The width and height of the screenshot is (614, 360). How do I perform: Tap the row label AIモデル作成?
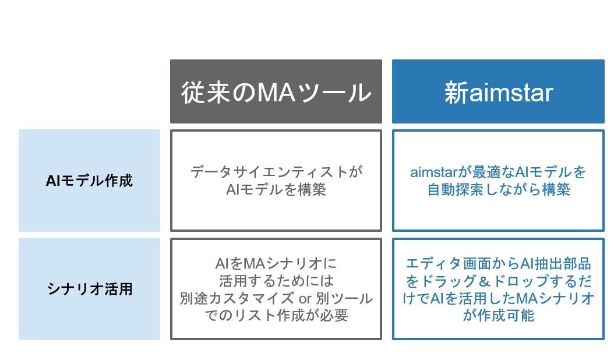pyautogui.click(x=89, y=181)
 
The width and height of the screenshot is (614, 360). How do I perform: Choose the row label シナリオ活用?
pyautogui.click(x=89, y=289)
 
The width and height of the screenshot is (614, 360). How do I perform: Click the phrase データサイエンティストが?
pyautogui.click(x=276, y=172)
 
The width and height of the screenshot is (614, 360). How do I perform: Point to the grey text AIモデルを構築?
pyautogui.click(x=276, y=189)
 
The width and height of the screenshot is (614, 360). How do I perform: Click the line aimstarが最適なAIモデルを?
pyautogui.click(x=498, y=172)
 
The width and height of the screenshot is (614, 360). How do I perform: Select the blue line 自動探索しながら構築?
pyautogui.click(x=498, y=189)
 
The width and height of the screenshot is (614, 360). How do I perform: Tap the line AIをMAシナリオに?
pyautogui.click(x=276, y=264)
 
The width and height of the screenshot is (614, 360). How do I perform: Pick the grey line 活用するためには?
pyautogui.click(x=276, y=281)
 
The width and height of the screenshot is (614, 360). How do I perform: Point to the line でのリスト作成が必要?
pyautogui.click(x=276, y=316)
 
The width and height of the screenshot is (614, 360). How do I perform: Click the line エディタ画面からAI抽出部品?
pyautogui.click(x=498, y=264)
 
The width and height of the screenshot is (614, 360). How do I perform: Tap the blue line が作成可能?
pyautogui.click(x=498, y=316)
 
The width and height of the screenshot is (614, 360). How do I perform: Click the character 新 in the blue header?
pyautogui.click(x=456, y=93)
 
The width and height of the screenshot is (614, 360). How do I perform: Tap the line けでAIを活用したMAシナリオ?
pyautogui.click(x=498, y=298)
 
